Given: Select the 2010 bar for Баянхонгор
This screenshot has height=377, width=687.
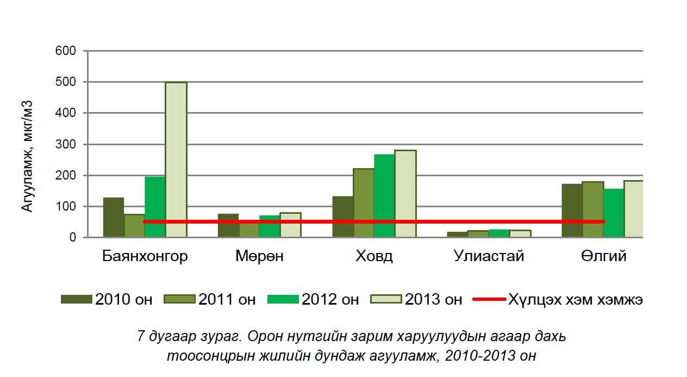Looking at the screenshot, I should [x=114, y=217].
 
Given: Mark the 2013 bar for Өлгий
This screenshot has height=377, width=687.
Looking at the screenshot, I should [x=634, y=209].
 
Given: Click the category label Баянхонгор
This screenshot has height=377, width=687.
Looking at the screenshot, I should [x=145, y=256].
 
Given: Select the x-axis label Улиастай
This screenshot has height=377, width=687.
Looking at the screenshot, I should [x=489, y=256].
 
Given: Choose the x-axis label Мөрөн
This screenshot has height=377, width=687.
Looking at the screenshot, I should [x=260, y=256].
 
